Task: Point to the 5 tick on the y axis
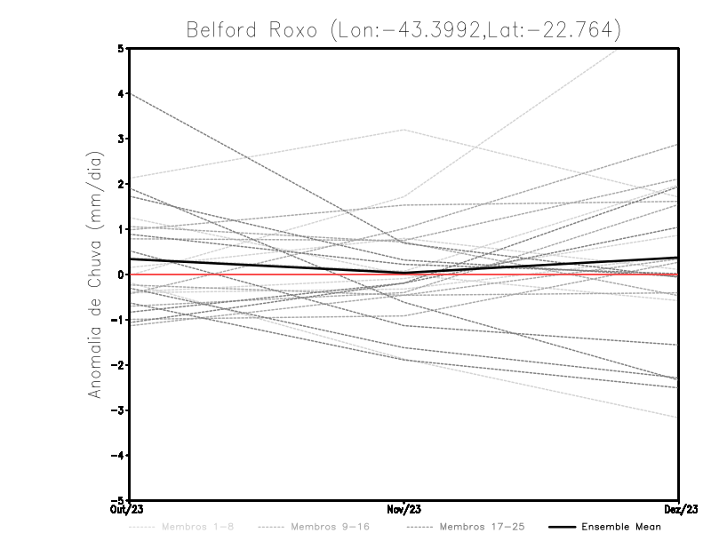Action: pyautogui.click(x=121, y=48)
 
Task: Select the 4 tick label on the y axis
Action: pyautogui.click(x=121, y=93)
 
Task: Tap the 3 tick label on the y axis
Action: pyautogui.click(x=121, y=139)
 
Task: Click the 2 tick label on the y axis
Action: pyautogui.click(x=121, y=184)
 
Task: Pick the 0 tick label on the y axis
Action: pyautogui.click(x=121, y=274)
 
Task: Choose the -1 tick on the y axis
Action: pyautogui.click(x=118, y=320)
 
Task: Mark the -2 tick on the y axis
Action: pyautogui.click(x=118, y=365)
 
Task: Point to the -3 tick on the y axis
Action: pyautogui.click(x=118, y=410)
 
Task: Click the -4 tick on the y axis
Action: pyautogui.click(x=118, y=456)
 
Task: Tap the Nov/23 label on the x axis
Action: pyautogui.click(x=403, y=510)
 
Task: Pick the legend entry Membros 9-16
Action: pyautogui.click(x=329, y=528)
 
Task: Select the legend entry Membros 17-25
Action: pyautogui.click(x=483, y=528)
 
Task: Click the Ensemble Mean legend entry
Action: pyautogui.click(x=620, y=528)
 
